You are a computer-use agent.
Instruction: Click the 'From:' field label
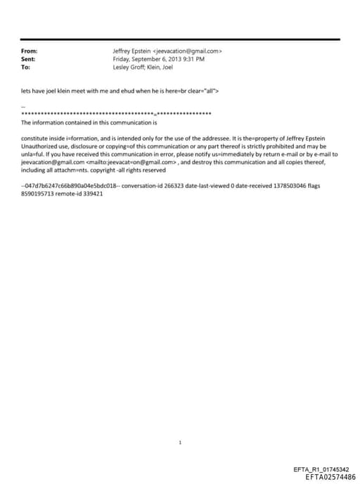[30, 51]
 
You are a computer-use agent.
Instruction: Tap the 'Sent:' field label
[29, 60]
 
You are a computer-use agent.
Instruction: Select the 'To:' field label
[26, 68]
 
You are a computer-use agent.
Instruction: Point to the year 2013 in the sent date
[170, 60]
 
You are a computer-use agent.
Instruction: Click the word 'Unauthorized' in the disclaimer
[40, 145]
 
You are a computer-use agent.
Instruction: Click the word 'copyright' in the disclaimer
[111, 169]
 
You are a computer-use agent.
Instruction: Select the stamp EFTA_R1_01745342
[320, 469]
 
